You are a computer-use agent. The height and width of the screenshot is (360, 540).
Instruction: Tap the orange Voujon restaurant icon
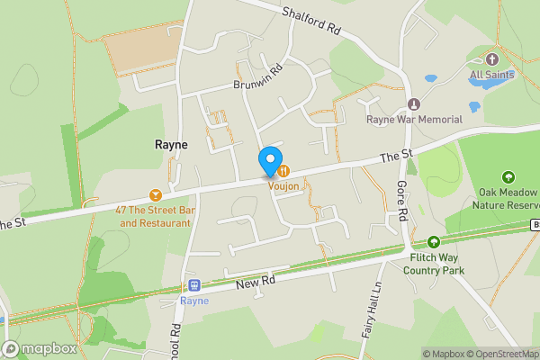tap(283, 169)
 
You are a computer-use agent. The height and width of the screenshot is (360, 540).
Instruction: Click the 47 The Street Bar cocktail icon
tap(155, 194)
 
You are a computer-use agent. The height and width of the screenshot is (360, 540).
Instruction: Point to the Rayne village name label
tap(171, 144)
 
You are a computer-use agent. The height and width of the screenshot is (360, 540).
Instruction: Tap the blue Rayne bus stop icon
tap(192, 286)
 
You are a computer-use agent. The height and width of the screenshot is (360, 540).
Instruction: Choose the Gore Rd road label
tap(402, 198)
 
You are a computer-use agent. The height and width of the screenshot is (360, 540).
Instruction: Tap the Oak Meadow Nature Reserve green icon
tap(508, 176)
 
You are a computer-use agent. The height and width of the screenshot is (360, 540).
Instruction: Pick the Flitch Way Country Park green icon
tap(434, 241)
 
